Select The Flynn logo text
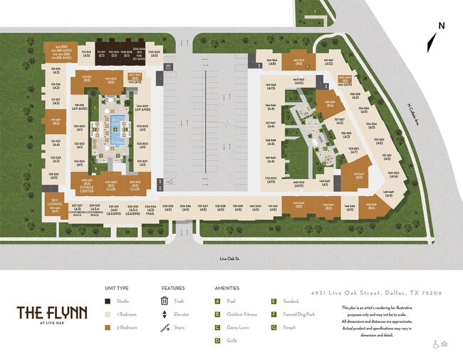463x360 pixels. pyautogui.click(x=52, y=314)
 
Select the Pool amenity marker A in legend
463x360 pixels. pyautogui.click(x=217, y=301)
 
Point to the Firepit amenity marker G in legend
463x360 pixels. pyautogui.click(x=274, y=328)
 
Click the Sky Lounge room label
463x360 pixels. pyautogui.click(x=55, y=205)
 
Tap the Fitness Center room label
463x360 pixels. pyautogui.click(x=86, y=186)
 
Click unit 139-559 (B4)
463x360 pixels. pyautogui.click(x=329, y=103)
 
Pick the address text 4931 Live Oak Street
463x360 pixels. pyautogui.click(x=377, y=293)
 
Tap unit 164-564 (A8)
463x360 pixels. pyautogui.click(x=271, y=63)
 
